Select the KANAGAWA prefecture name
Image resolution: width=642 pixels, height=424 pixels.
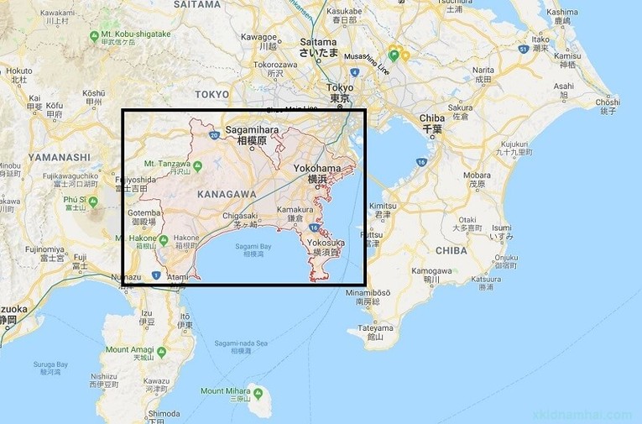[226, 194]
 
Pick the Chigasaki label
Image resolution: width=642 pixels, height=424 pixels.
[244, 216]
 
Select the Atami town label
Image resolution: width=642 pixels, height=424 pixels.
[178, 276]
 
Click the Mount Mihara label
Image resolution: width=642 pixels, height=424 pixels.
[224, 391]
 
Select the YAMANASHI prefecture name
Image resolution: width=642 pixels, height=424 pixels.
[59, 156]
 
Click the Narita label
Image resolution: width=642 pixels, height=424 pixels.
[483, 70]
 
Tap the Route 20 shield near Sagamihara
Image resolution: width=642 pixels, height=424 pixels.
[215, 134]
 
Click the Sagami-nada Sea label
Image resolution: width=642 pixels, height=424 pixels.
[241, 343]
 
